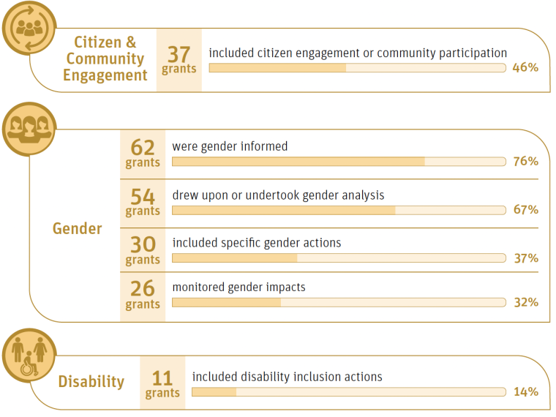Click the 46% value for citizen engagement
point(525,68)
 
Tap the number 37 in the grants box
point(179,55)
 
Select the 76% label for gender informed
point(525,162)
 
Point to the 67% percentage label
point(525,210)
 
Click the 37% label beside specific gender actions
point(525,258)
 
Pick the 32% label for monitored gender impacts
point(525,302)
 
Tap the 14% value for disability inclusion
point(525,392)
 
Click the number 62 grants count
point(143,148)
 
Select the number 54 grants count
point(143,196)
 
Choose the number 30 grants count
point(143,244)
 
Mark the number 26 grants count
point(143,289)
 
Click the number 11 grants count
point(162,378)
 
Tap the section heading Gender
point(77,229)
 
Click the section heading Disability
point(91,382)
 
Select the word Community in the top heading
point(105,59)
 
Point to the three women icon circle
point(29,129)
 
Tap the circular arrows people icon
point(29,28)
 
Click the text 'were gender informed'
point(230,146)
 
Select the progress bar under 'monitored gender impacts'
point(339,302)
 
